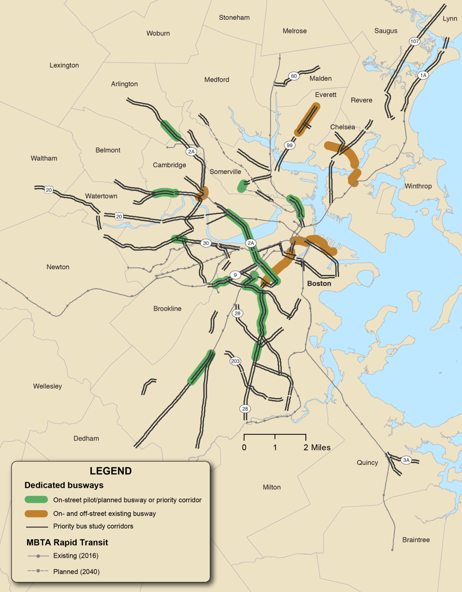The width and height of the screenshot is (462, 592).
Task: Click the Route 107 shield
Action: coord(414,42)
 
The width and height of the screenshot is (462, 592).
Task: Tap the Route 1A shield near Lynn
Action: coord(423,75)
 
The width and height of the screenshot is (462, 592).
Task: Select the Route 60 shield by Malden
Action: coord(294,76)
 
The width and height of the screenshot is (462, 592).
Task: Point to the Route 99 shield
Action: coord(290,145)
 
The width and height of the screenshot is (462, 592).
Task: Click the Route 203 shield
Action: coord(235,362)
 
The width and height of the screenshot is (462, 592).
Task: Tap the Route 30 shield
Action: coord(206,244)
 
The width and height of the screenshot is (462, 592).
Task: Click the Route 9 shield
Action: coord(235,275)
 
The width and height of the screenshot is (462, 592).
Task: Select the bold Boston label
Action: coord(319,283)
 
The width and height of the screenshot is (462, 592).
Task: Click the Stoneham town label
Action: coord(234,17)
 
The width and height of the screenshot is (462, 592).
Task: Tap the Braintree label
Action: coord(416,540)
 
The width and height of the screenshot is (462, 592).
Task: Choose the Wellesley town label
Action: coord(48,386)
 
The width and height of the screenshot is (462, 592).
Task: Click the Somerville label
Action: coord(225,172)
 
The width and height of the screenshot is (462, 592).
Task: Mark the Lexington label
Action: coord(64,65)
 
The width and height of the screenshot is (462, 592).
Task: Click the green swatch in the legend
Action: coord(36,499)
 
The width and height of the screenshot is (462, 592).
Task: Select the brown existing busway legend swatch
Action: coord(36,513)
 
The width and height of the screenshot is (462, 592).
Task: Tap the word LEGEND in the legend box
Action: coord(111,471)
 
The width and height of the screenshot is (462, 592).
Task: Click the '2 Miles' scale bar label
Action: coord(317,447)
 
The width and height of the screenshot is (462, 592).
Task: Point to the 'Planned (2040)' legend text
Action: coord(76,572)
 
